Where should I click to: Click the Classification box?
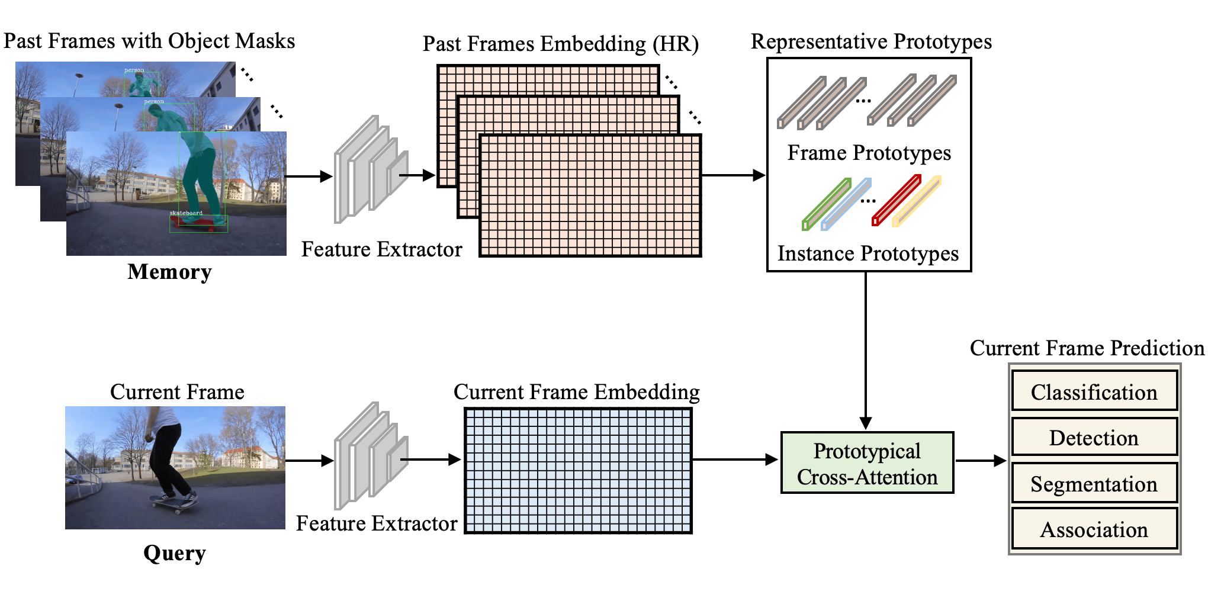[x=1094, y=391]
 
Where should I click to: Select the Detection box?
[x=1094, y=438]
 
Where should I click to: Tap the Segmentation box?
[x=1094, y=484]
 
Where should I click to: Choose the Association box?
[x=1094, y=529]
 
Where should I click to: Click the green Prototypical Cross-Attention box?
[x=867, y=463]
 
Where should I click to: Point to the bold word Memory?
[x=169, y=272]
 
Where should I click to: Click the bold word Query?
[x=174, y=553]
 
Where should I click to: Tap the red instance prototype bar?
[x=897, y=200]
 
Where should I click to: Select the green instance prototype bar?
[x=827, y=204]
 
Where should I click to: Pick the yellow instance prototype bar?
[x=917, y=201]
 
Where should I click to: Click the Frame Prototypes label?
[x=869, y=153]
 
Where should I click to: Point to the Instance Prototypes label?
[x=868, y=253]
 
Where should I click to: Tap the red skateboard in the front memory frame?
[x=199, y=223]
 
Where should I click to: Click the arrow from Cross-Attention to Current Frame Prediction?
[x=981, y=460]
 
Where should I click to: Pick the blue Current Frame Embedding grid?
[x=578, y=470]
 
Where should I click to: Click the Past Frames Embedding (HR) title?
[x=560, y=44]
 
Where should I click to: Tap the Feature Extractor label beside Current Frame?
[x=377, y=523]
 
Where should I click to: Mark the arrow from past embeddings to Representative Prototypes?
[x=733, y=175]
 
